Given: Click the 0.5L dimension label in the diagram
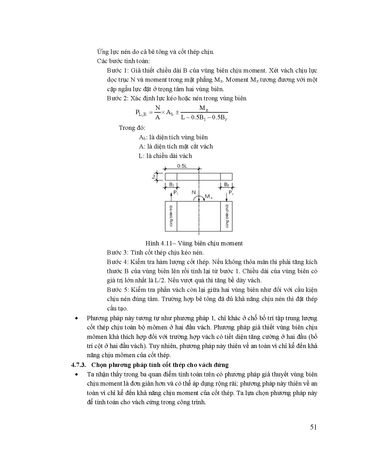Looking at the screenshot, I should point(182,166).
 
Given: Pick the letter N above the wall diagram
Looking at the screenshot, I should point(194,192).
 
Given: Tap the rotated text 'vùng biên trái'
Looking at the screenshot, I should point(171,216).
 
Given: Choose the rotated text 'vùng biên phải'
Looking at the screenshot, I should point(226,216).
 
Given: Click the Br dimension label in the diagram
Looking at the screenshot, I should point(226,185).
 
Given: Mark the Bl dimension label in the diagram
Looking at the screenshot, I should point(171,185).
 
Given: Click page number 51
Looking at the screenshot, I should point(313,427).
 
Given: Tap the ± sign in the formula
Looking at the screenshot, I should point(177,112).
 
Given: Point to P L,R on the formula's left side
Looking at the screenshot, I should point(141,113).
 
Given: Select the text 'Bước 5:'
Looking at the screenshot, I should point(118,290).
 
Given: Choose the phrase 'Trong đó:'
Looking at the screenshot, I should point(132,128).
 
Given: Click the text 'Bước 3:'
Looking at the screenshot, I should point(118,253).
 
